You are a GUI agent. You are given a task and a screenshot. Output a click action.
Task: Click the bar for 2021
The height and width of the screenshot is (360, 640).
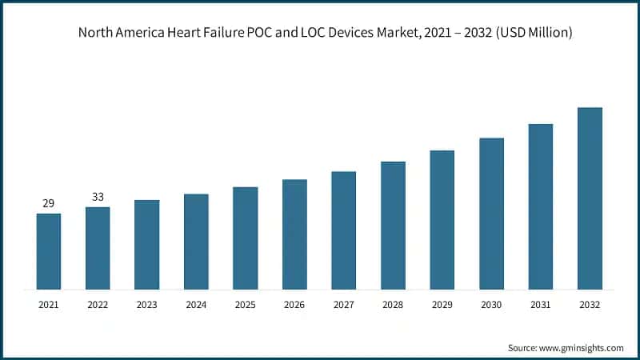[x=49, y=251]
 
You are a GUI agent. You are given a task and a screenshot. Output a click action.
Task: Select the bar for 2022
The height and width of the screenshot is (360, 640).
[x=98, y=248]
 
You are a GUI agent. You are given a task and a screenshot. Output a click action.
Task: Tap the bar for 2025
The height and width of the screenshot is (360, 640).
[x=246, y=238]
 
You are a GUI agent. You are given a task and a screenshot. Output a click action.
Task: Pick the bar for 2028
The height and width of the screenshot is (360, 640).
[x=393, y=225]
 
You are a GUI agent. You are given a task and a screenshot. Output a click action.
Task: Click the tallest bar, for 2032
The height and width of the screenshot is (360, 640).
[x=590, y=198]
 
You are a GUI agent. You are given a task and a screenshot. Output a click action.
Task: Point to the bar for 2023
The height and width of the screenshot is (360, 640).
[x=146, y=244]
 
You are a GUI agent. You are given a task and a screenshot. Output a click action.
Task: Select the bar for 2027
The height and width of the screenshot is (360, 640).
[x=343, y=230]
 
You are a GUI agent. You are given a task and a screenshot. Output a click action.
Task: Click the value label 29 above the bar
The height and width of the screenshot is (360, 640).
[x=49, y=204]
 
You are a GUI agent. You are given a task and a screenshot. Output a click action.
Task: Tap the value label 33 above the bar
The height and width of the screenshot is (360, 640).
[x=98, y=197]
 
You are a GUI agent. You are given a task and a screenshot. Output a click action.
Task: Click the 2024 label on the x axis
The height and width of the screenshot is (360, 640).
[x=196, y=304]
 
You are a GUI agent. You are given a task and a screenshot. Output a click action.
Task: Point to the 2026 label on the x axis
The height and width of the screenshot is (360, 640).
[x=294, y=304]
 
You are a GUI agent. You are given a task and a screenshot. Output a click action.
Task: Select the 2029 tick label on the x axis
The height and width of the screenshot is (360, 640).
[x=442, y=304]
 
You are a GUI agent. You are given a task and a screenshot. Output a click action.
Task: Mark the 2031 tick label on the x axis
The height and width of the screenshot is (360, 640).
[x=541, y=304]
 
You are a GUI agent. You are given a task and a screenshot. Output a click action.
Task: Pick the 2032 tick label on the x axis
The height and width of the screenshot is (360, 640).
[x=590, y=304]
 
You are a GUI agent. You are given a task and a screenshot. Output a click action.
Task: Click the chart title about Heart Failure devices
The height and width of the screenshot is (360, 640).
[x=319, y=33]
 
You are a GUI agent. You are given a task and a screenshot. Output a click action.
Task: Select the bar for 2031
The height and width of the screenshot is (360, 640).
[x=541, y=206]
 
